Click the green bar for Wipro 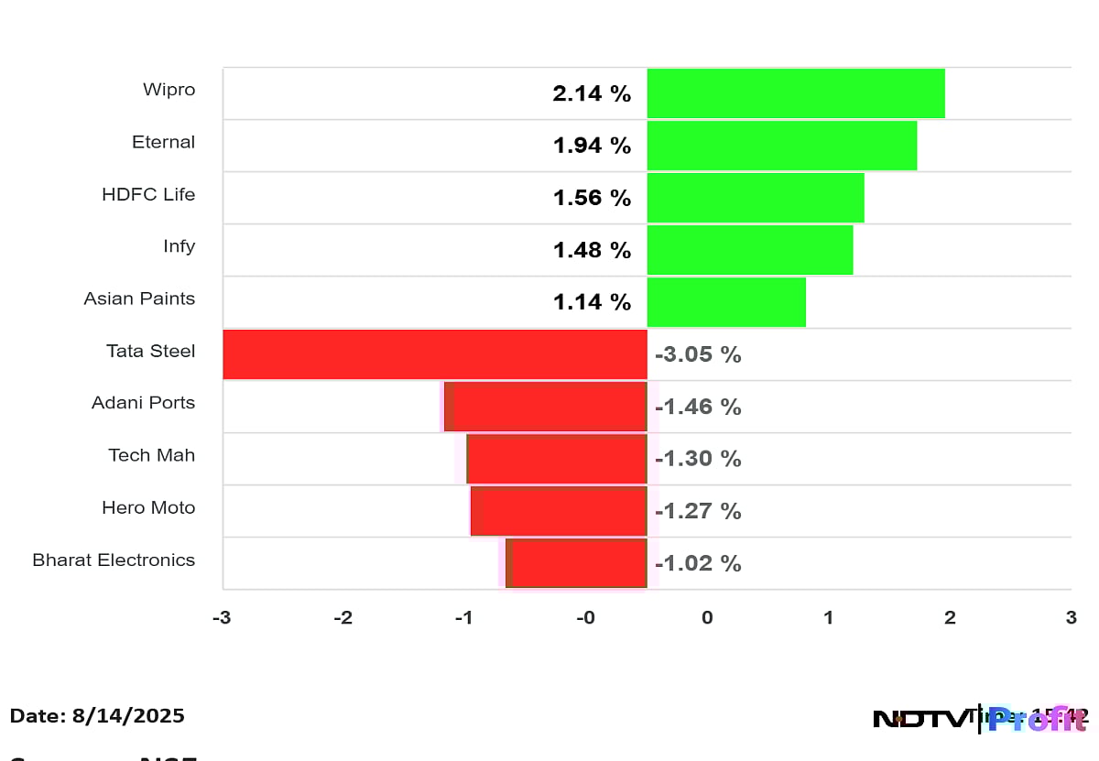[x=795, y=93]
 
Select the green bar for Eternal [x=781, y=146]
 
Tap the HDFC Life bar [x=755, y=198]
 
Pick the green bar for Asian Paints [x=725, y=302]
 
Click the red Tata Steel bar [x=434, y=354]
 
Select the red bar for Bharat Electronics [x=577, y=563]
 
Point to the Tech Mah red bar [x=557, y=459]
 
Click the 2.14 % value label [x=592, y=93]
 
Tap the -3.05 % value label [x=698, y=355]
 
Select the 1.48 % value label [x=592, y=250]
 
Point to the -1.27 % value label [x=698, y=511]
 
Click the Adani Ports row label [x=143, y=403]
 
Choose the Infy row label [x=179, y=246]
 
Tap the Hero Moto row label [x=148, y=507]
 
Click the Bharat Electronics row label [x=114, y=560]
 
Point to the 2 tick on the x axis [x=950, y=618]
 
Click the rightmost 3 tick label [x=1071, y=618]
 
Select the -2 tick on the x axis [x=343, y=618]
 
